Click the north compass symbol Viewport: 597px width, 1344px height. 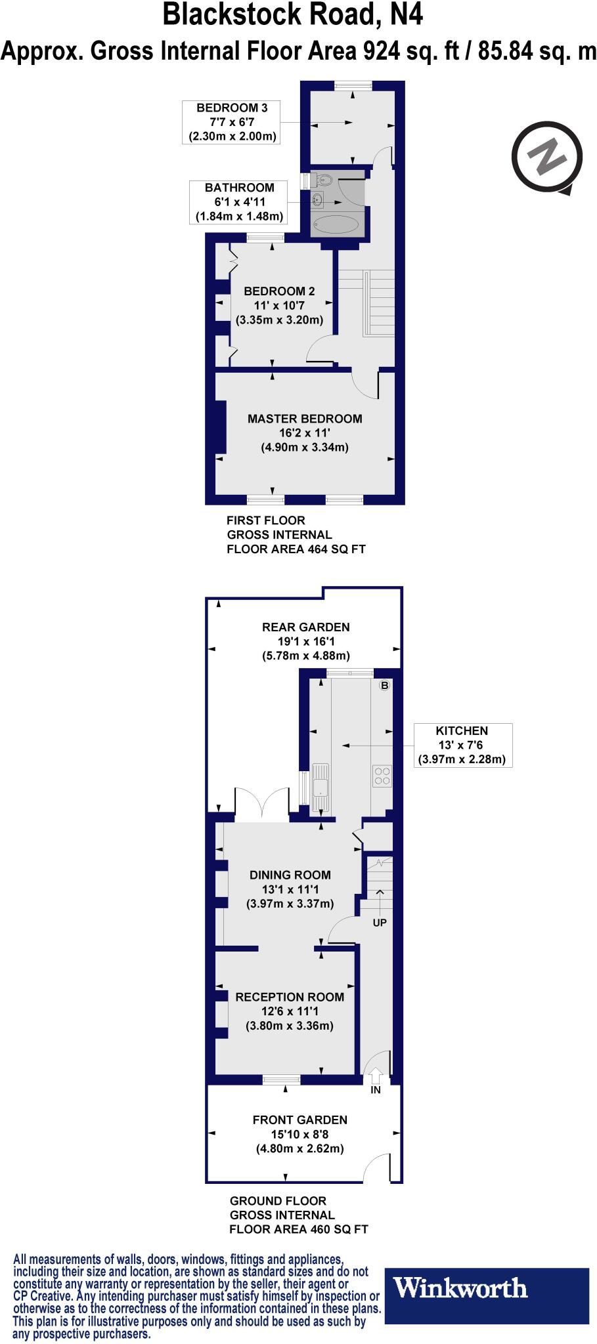547,158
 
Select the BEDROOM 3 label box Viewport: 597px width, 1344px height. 232,122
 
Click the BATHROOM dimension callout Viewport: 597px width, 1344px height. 239,202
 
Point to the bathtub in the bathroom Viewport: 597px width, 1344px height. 336,225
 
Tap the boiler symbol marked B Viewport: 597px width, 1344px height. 385,686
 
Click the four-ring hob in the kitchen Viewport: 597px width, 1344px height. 382,776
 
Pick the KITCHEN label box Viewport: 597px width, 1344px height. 462,745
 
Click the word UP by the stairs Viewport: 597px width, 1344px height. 380,922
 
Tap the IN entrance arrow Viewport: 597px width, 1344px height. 376,1076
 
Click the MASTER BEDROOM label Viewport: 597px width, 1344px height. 305,419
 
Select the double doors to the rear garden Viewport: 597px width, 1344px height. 261,805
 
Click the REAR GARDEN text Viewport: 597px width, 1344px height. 305,627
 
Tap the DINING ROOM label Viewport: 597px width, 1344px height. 290,875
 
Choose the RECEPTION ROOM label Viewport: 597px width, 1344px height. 290,997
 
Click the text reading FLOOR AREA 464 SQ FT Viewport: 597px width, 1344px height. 296,549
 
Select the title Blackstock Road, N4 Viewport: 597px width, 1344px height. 292,15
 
